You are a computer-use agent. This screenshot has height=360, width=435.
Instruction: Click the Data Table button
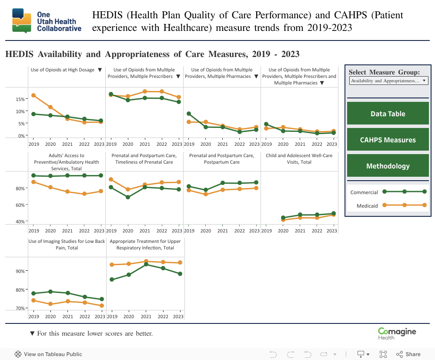pos(388,114)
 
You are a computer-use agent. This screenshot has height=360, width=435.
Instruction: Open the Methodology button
pos(388,166)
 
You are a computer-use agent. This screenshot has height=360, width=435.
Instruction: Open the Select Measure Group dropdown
pos(388,81)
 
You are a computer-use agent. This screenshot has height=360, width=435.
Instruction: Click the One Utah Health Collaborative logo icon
pos(22,20)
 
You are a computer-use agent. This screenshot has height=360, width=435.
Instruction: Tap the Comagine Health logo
pos(397,333)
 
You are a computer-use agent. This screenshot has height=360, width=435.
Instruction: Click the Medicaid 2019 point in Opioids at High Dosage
pos(33,95)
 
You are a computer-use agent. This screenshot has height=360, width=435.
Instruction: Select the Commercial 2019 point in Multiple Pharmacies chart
pos(188,114)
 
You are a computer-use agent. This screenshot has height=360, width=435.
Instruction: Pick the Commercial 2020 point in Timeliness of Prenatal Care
pos(128,197)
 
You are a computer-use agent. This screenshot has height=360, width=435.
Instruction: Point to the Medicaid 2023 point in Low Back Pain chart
pos(102,306)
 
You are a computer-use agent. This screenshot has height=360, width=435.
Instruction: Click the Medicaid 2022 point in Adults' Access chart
pos(84,194)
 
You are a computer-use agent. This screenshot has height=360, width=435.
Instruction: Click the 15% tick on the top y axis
pos(20,99)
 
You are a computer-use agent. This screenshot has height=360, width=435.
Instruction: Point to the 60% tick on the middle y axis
pos(20,205)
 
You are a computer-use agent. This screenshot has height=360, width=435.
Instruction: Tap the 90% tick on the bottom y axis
pos(20,271)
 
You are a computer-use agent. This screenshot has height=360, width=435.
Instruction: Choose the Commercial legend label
pos(364,192)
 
